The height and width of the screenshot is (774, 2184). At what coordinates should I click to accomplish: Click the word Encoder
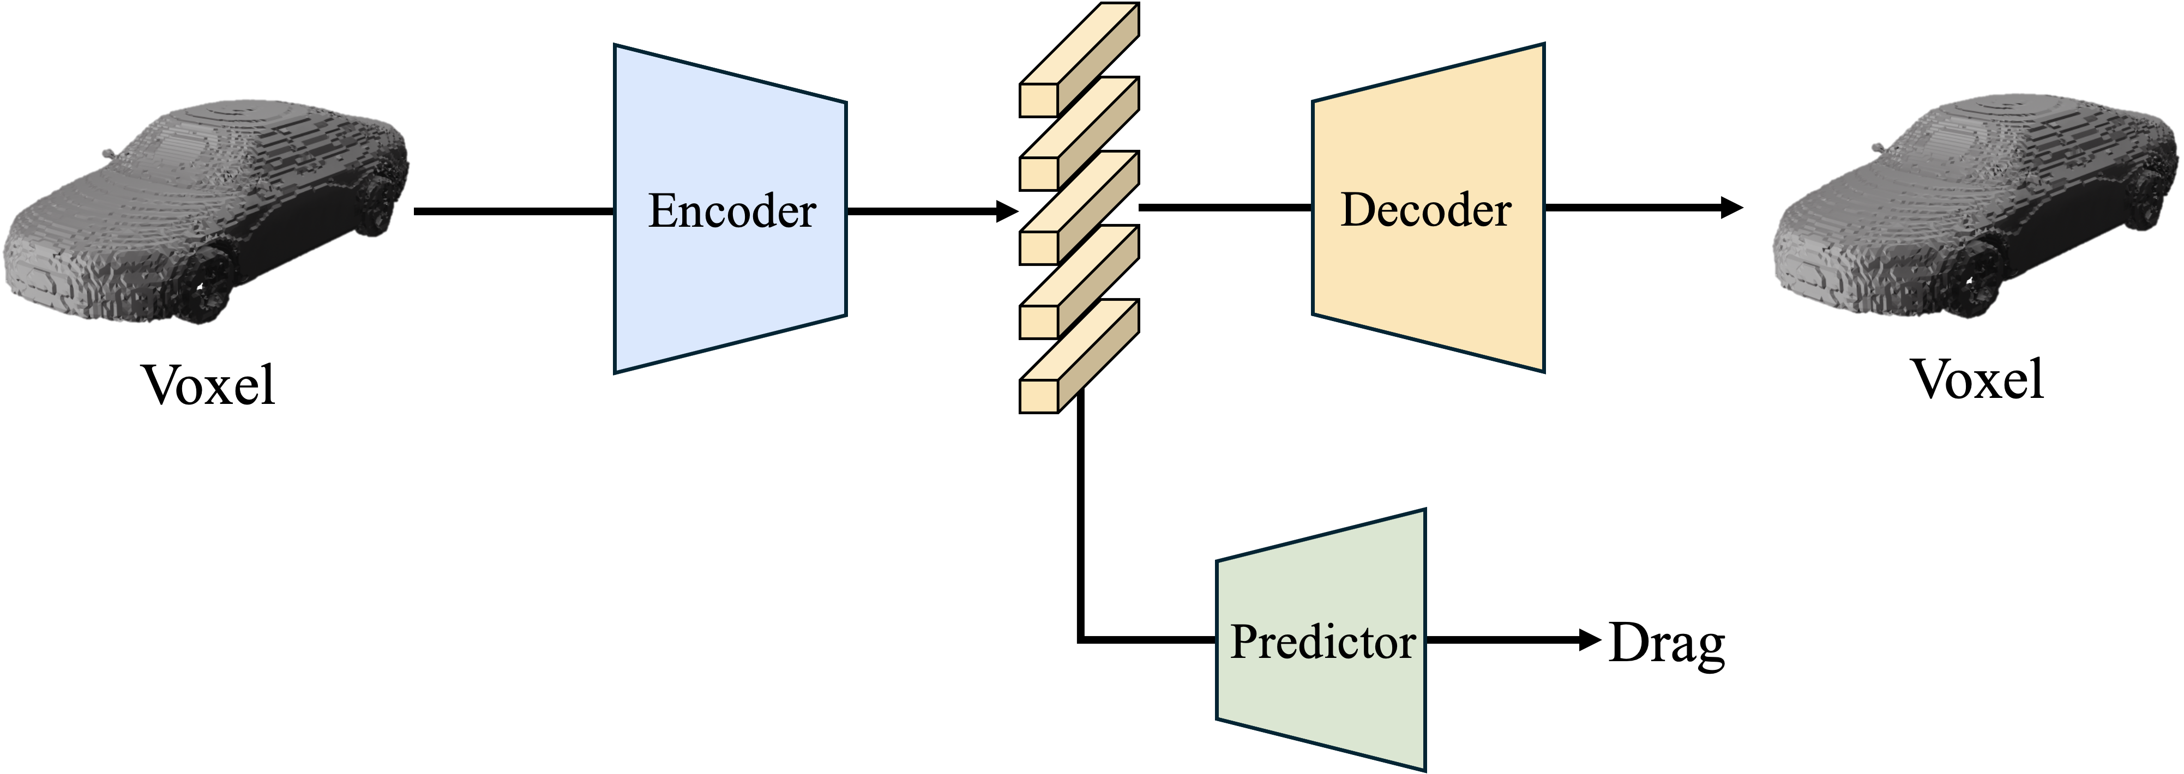tap(732, 211)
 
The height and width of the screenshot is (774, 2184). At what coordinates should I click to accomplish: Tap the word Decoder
tap(1426, 209)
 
